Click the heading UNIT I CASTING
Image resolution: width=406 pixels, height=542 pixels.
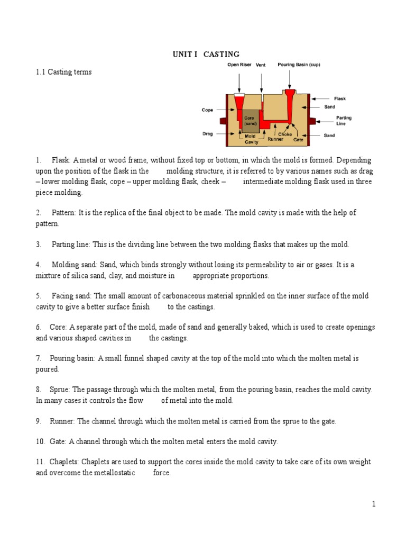[x=206, y=54]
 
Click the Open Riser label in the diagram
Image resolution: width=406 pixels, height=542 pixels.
[x=239, y=65]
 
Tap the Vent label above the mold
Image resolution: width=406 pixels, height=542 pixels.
[x=261, y=65]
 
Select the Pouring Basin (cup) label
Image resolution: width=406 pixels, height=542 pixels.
[x=299, y=65]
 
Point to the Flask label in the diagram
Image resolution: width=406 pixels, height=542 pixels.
[x=340, y=98]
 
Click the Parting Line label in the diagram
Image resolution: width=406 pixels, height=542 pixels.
[x=344, y=121]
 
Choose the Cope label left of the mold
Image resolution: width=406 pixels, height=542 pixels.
[x=207, y=110]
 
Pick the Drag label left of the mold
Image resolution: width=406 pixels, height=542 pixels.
[x=207, y=134]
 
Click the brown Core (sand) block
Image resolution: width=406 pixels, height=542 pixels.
[x=250, y=121]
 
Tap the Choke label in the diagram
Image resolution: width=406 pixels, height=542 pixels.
[x=285, y=134]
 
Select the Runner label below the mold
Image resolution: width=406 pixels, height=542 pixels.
[x=275, y=139]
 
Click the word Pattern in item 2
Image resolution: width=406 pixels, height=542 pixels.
[x=64, y=212]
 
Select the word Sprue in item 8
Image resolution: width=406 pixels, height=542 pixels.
[x=61, y=389]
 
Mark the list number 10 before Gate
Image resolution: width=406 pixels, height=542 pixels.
[x=40, y=441]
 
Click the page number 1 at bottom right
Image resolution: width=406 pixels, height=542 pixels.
[x=373, y=504]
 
